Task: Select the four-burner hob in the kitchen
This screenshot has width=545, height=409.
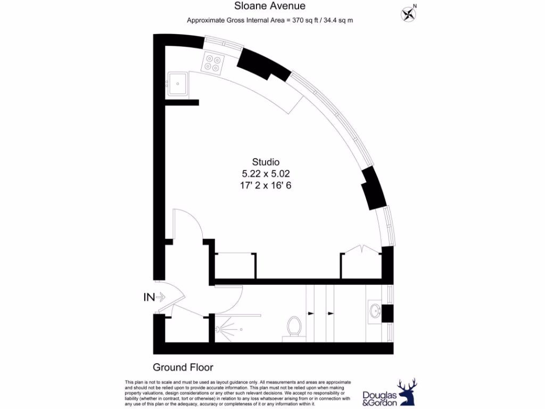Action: click(212, 63)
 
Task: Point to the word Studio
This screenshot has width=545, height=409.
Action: click(266, 162)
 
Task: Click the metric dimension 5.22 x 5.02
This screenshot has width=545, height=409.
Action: click(266, 174)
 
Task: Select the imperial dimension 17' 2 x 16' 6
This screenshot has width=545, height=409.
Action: click(266, 186)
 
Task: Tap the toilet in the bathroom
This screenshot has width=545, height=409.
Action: click(294, 326)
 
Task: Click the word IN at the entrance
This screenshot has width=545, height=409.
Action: click(149, 297)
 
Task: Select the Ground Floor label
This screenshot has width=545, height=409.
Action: click(183, 367)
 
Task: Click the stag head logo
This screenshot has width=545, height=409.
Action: click(407, 392)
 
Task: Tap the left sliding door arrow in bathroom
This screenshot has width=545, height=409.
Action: click(311, 314)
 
